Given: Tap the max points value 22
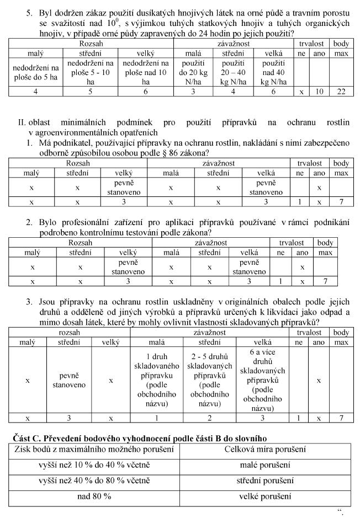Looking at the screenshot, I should (341, 92).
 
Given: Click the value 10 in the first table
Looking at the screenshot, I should (319, 92).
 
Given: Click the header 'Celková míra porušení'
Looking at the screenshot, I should (258, 449).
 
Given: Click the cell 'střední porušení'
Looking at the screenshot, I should (258, 480).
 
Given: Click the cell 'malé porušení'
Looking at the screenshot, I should (258, 465).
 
